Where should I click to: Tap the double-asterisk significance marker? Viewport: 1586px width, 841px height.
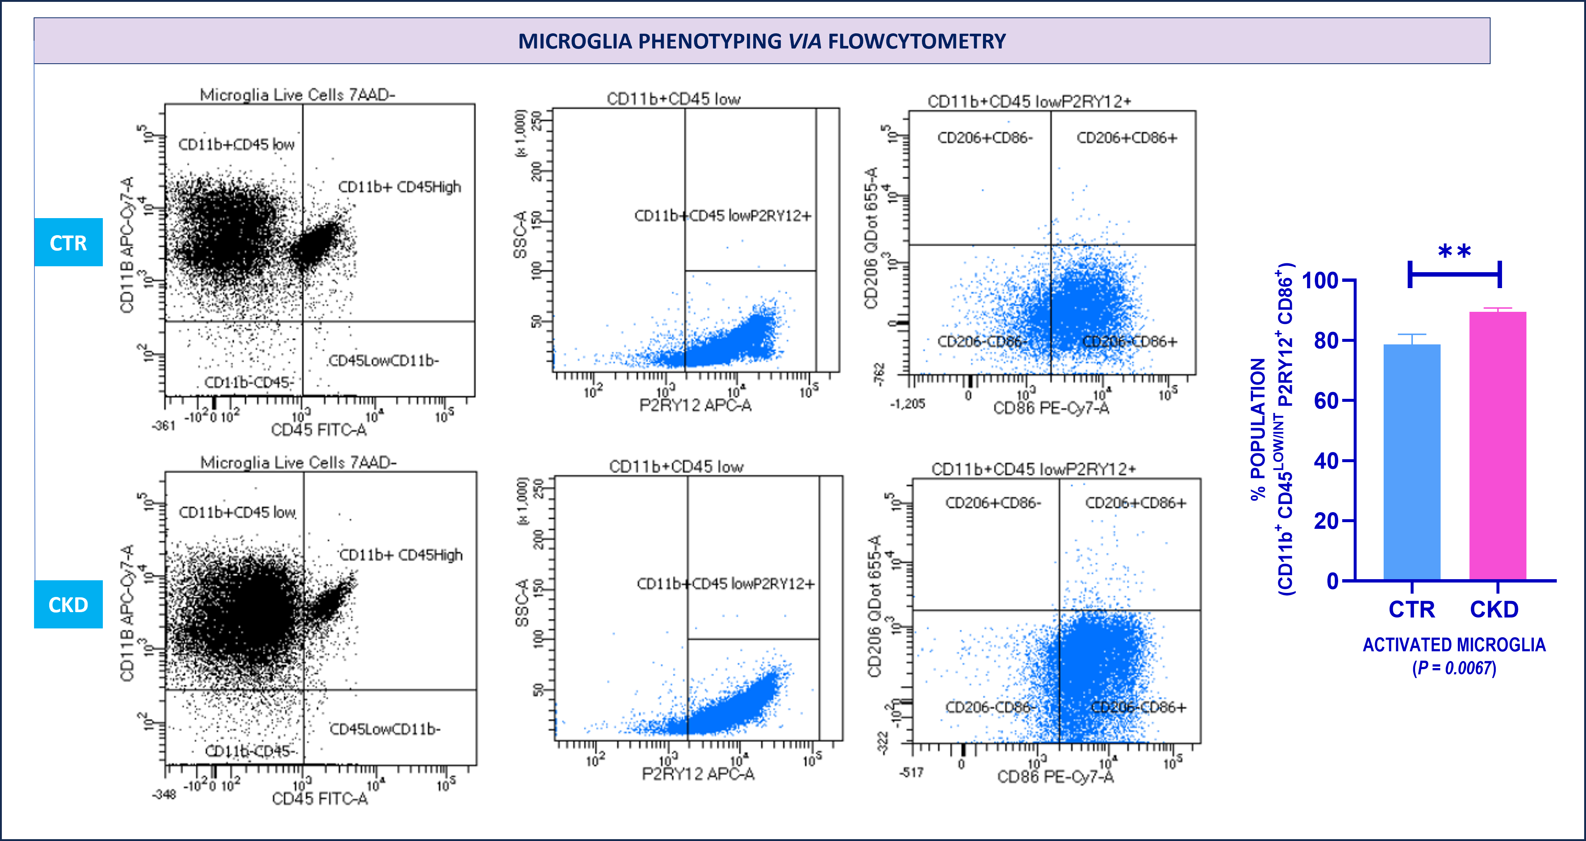[x=1454, y=252]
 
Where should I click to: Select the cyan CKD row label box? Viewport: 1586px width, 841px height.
[x=68, y=604]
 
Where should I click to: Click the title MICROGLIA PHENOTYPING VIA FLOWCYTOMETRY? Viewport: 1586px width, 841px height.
[x=762, y=41]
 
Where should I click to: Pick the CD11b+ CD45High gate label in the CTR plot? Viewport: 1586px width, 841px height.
[x=400, y=187]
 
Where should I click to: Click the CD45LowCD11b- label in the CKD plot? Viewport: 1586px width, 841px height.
[x=385, y=729]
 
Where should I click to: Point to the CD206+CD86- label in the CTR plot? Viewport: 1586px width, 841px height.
[x=984, y=137]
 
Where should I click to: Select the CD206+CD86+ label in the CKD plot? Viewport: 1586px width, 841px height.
[x=1135, y=503]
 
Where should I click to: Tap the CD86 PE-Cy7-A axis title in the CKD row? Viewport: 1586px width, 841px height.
[x=1055, y=776]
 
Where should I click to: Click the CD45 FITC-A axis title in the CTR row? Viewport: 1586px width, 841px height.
[x=319, y=430]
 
